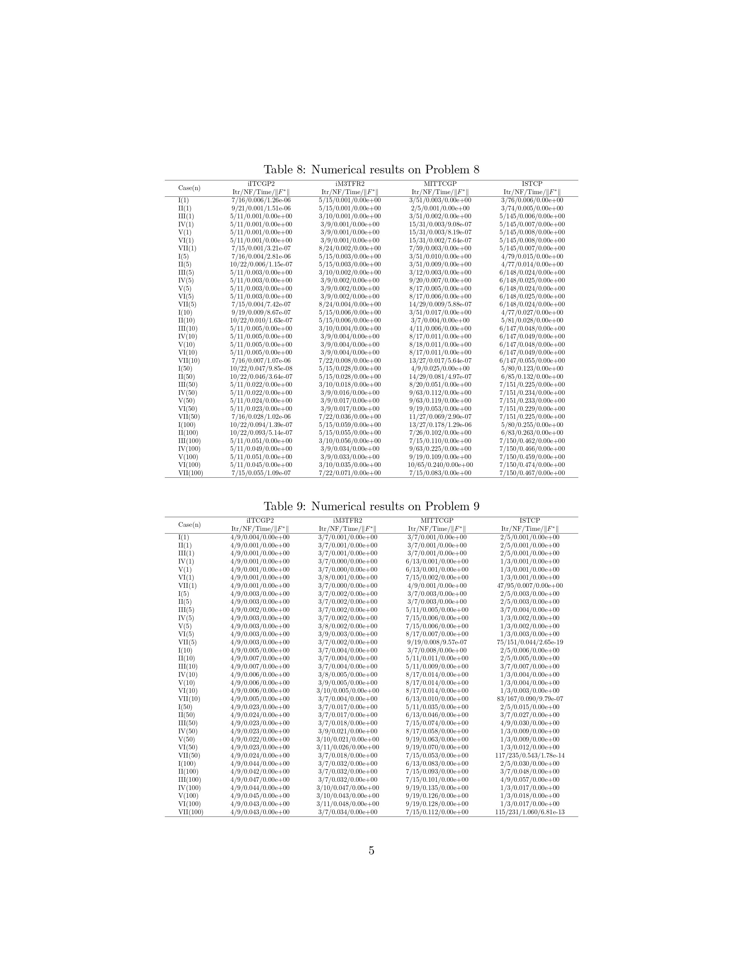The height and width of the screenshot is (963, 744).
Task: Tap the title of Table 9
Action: [371, 506]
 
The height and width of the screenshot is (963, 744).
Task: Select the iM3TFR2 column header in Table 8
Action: [350, 184]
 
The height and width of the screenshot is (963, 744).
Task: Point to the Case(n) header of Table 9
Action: [190, 525]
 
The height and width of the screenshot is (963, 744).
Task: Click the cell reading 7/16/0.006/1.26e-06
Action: [261, 200]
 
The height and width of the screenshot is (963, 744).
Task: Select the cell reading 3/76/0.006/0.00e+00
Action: [532, 200]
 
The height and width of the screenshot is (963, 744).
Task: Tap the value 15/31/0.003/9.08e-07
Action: [440, 224]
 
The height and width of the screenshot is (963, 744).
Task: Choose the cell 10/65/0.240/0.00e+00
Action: [440, 465]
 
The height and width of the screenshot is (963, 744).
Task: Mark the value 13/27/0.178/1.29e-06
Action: [440, 425]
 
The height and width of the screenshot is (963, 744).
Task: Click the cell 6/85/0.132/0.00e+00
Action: [532, 376]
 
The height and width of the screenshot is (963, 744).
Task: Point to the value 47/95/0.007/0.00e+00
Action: [530, 586]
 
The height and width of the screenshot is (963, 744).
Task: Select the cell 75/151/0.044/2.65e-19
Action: [530, 642]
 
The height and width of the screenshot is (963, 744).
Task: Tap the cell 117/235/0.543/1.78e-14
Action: [530, 755]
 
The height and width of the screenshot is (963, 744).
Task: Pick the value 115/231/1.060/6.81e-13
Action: [530, 812]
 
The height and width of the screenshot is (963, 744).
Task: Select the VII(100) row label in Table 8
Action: [191, 473]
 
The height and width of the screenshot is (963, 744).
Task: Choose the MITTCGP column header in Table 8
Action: [440, 184]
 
